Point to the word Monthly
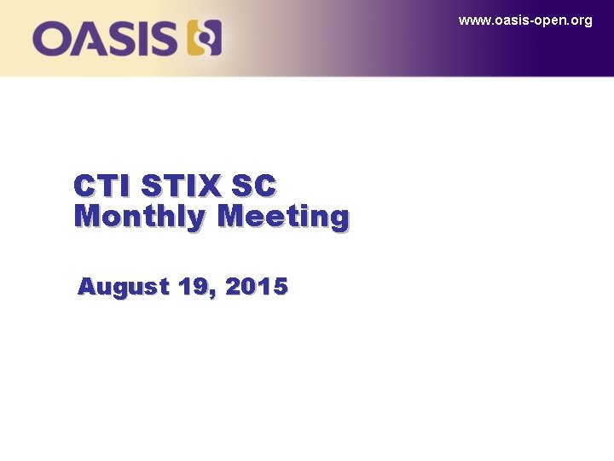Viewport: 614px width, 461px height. point(140,217)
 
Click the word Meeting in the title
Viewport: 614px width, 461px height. point(283,217)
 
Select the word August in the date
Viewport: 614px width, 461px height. point(123,288)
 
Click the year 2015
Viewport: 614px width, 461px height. point(257,288)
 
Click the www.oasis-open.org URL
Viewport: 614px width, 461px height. point(524,20)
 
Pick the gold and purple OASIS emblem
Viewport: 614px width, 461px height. point(204,38)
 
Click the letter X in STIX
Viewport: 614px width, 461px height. point(208,185)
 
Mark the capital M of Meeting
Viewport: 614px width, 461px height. point(232,216)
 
